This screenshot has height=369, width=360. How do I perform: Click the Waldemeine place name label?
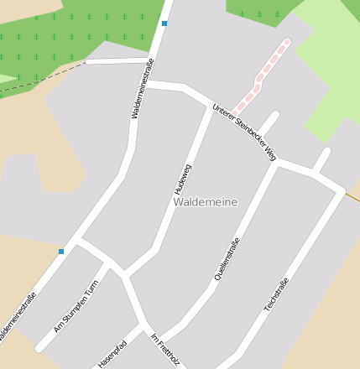(x=206, y=202)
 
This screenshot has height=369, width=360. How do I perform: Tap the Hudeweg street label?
(x=183, y=179)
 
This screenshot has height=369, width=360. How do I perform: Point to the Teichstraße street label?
(x=276, y=294)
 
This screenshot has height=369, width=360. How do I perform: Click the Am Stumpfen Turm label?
(x=76, y=306)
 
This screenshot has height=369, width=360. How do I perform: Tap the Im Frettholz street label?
(x=164, y=349)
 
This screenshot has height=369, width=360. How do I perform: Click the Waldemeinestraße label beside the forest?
(x=142, y=87)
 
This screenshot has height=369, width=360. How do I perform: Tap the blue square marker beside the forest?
(x=164, y=23)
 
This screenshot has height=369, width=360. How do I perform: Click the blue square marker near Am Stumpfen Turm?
(x=61, y=251)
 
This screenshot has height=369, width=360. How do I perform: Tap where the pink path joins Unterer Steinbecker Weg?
(x=236, y=113)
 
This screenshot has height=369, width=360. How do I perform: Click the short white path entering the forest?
(x=117, y=61)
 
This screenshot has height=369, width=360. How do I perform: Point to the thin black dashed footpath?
(x=42, y=77)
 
